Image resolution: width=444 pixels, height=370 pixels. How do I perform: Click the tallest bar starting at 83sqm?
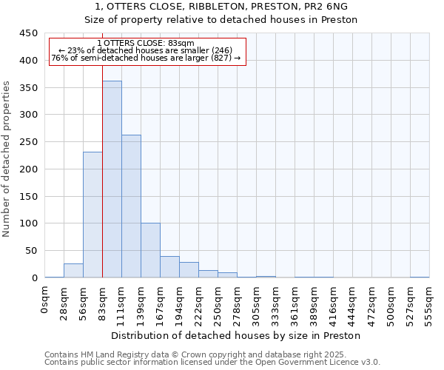pyautogui.click(x=112, y=179)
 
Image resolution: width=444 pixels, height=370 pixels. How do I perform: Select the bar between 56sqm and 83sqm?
pyautogui.click(x=92, y=215)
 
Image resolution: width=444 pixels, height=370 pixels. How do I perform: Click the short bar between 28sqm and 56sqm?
pyautogui.click(x=73, y=271)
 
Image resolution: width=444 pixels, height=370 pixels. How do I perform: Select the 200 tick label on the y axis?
pyautogui.click(x=29, y=169)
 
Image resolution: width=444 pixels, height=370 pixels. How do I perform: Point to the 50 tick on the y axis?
pyautogui.click(x=32, y=251)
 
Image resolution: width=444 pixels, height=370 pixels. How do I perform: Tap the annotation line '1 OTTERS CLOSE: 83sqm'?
pyautogui.click(x=145, y=44)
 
